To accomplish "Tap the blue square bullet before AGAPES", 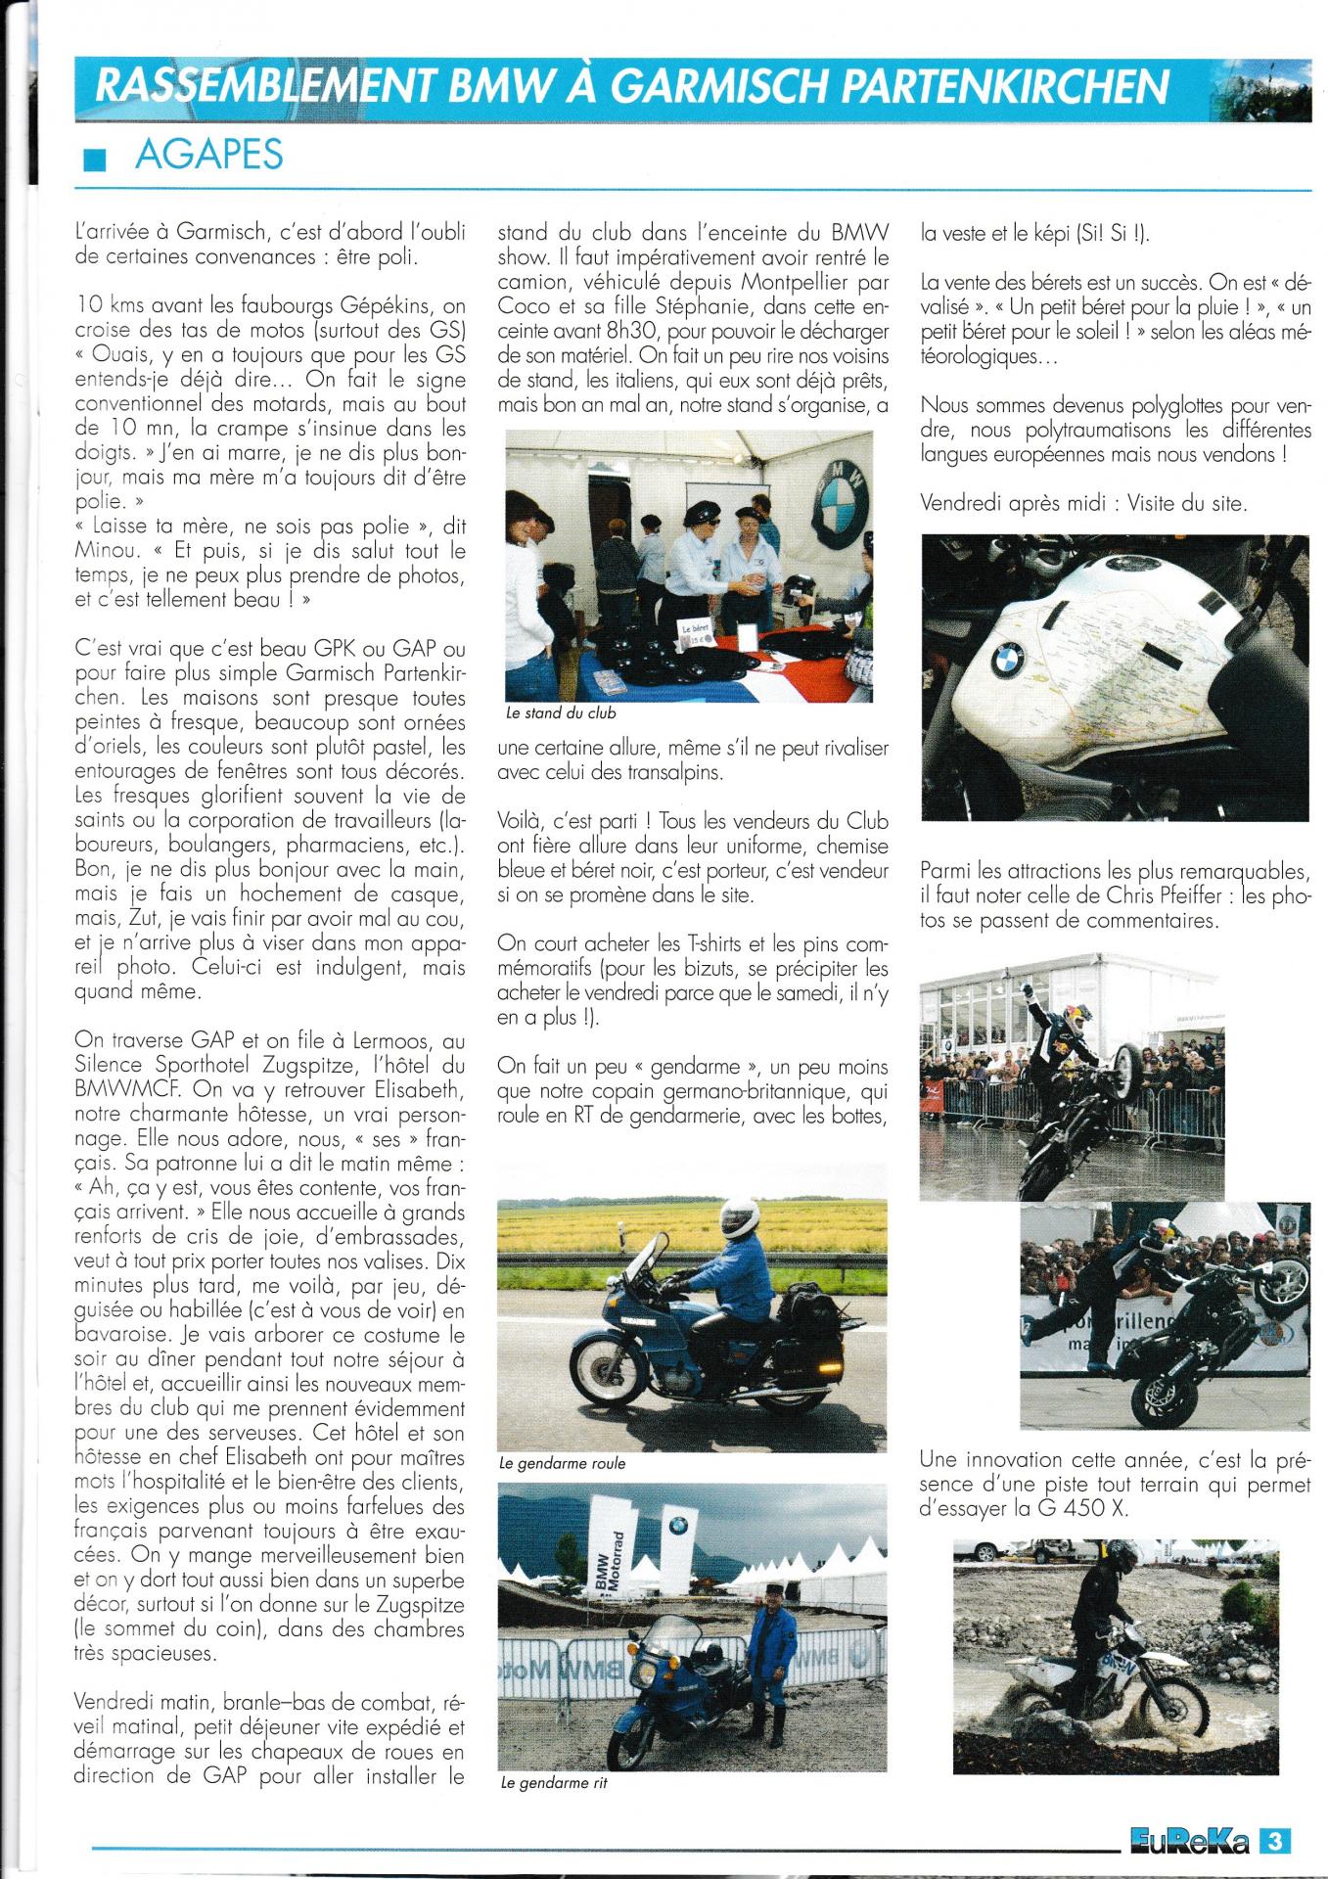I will click(95, 159).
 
